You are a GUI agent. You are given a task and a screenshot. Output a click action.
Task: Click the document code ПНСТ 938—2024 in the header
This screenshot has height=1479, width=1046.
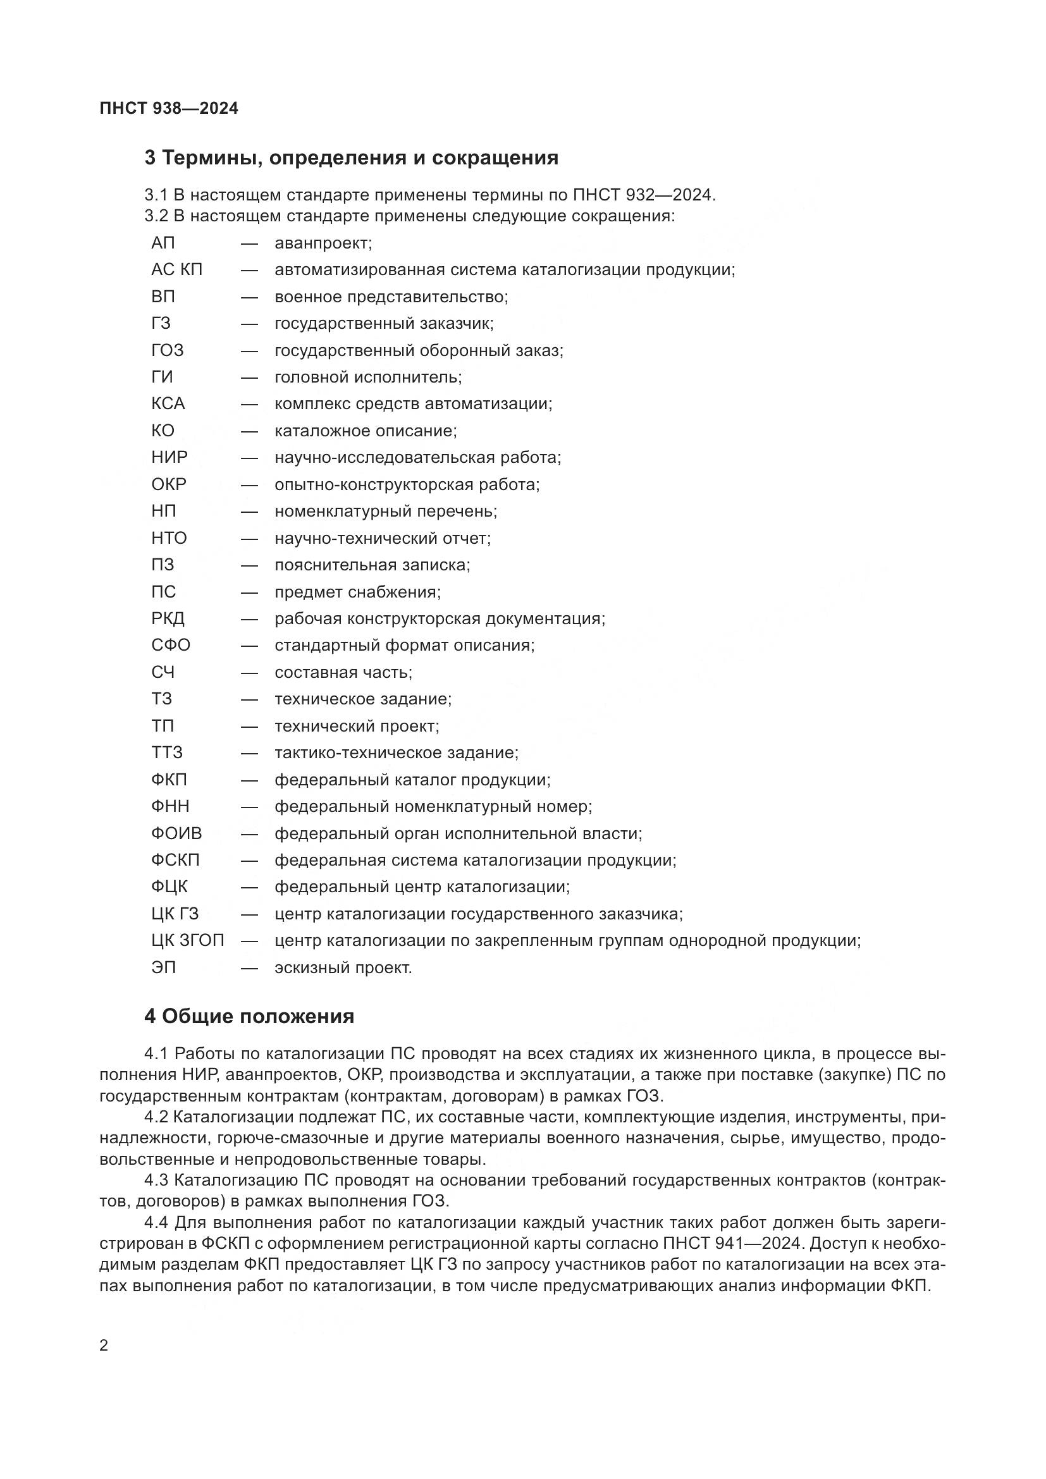169,109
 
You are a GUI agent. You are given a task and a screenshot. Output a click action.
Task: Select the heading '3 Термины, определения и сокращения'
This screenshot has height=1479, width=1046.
351,158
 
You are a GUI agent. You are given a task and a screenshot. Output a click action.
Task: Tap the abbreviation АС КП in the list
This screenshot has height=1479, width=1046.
176,270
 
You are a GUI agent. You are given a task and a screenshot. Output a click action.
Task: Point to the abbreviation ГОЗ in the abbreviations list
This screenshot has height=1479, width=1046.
168,350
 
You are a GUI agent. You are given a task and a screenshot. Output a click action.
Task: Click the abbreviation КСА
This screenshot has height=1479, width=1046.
168,404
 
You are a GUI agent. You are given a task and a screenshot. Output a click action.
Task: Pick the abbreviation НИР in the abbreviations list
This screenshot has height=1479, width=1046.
169,457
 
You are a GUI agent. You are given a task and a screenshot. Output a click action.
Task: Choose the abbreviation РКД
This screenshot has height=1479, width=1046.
168,618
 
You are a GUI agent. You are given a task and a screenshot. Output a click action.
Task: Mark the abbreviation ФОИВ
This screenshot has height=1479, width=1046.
176,833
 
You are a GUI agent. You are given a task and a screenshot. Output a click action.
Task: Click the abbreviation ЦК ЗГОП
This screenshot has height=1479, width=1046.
187,941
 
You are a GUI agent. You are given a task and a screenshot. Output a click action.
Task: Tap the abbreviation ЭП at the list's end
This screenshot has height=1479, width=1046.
163,967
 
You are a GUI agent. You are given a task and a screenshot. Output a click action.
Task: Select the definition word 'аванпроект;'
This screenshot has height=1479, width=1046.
323,243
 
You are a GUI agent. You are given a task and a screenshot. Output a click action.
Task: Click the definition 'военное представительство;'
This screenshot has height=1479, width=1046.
391,297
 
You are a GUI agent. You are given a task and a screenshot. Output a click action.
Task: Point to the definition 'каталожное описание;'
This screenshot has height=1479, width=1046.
365,431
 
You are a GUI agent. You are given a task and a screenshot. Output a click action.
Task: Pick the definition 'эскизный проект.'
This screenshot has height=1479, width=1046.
343,967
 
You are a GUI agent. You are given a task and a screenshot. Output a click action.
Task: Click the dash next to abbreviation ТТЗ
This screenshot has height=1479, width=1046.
249,753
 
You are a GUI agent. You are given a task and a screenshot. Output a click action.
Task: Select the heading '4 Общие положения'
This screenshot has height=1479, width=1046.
249,1017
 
